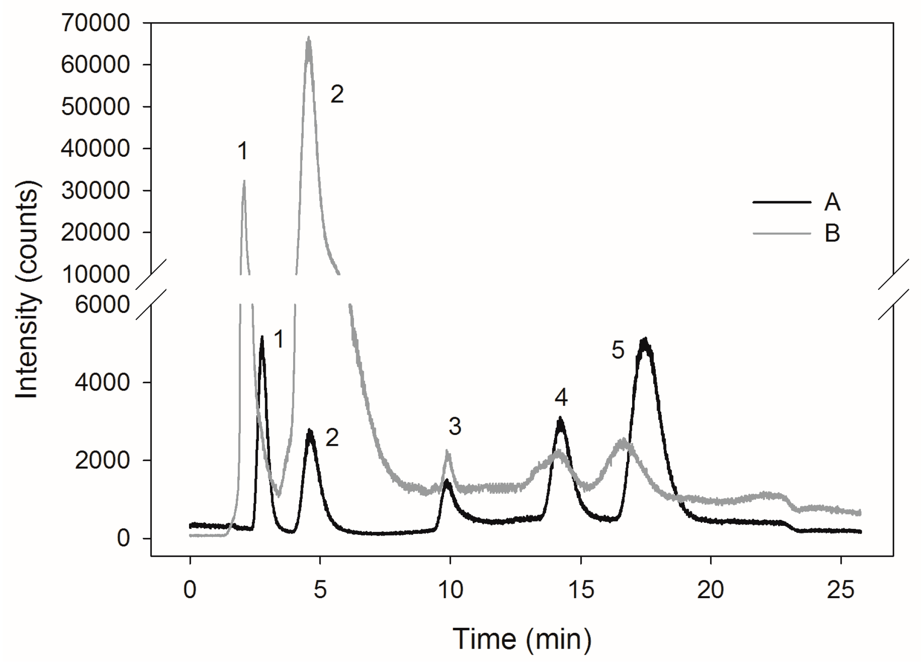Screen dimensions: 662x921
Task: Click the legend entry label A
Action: click(x=832, y=203)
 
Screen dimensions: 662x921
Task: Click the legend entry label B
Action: click(x=832, y=234)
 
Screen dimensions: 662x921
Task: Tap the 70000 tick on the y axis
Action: click(x=95, y=23)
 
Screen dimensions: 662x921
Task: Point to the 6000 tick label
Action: click(x=102, y=305)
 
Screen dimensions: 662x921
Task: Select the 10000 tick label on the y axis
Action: click(x=95, y=274)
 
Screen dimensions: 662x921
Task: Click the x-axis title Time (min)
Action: click(x=522, y=639)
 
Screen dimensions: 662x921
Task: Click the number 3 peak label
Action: click(x=454, y=426)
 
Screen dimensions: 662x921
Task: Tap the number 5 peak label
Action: click(x=618, y=351)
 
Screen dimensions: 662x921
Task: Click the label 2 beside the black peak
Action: click(x=332, y=438)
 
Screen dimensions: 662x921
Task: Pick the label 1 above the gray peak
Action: click(x=243, y=151)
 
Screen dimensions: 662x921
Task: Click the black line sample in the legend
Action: click(x=782, y=202)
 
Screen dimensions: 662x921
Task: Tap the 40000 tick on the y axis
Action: click(x=95, y=149)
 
